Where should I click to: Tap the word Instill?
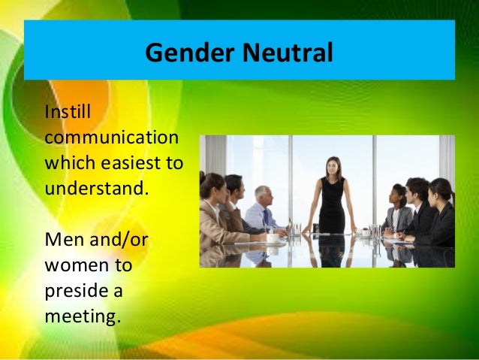[x=67, y=112]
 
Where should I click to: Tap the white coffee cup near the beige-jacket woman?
[x=273, y=237]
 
